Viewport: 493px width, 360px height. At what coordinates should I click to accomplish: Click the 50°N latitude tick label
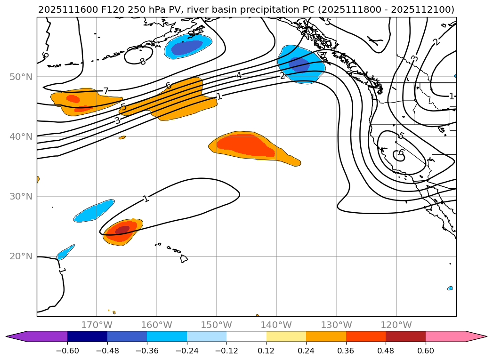tap(21, 77)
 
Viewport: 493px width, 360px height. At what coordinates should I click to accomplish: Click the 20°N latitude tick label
tap(21, 256)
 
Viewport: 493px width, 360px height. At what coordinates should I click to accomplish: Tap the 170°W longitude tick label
tap(97, 325)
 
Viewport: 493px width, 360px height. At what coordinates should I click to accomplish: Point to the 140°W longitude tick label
tap(276, 325)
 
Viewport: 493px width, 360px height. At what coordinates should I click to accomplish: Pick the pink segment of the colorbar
tap(445, 336)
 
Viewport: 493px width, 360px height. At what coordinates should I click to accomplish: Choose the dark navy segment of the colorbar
tap(87, 336)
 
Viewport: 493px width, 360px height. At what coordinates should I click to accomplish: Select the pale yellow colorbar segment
tap(286, 336)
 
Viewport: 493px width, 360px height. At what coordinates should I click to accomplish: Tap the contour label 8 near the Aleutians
tap(142, 62)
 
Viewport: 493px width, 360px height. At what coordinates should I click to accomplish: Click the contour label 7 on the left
tap(106, 91)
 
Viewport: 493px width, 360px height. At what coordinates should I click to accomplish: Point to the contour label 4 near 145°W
tap(239, 75)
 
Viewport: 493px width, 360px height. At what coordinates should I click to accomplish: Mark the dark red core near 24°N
tap(122, 230)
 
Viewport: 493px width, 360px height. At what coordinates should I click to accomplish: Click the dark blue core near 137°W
tap(299, 64)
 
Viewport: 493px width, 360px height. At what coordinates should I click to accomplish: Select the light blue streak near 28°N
tap(94, 211)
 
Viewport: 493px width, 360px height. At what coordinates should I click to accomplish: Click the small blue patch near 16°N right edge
tap(450, 288)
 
